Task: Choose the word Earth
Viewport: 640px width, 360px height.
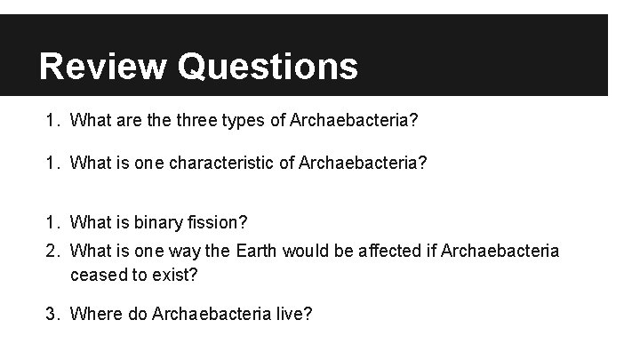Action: click(x=258, y=252)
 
